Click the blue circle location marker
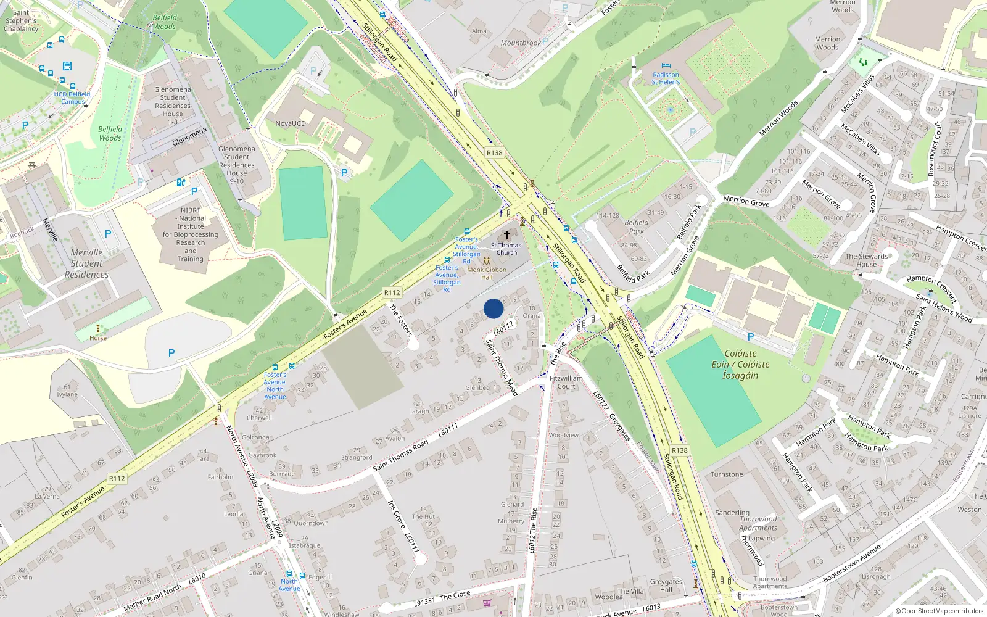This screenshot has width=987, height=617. coord(493,308)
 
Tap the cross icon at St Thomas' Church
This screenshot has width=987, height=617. coord(507,235)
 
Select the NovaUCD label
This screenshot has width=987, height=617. coord(291,123)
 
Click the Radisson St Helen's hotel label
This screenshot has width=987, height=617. coord(666,78)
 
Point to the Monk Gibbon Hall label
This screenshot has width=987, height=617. coord(487,273)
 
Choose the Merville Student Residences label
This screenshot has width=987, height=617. coord(87,263)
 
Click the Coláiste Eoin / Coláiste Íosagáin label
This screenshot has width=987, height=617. coord(740,364)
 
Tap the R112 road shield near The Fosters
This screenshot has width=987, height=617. coord(392,292)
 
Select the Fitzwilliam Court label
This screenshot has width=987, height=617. coord(566,382)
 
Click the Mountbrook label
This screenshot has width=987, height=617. coord(521,43)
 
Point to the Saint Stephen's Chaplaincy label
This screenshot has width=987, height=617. coord(22,20)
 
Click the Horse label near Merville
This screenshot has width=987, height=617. coord(98,338)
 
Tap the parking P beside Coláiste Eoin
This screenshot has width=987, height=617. coord(751,337)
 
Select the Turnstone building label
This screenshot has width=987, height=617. coord(727,474)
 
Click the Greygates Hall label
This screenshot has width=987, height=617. coord(666,585)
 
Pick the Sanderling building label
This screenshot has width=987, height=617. coord(732,513)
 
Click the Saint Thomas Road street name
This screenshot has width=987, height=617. coord(400,457)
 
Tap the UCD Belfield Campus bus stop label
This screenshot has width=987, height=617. coord(73,97)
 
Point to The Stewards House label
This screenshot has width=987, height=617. coord(867,260)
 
